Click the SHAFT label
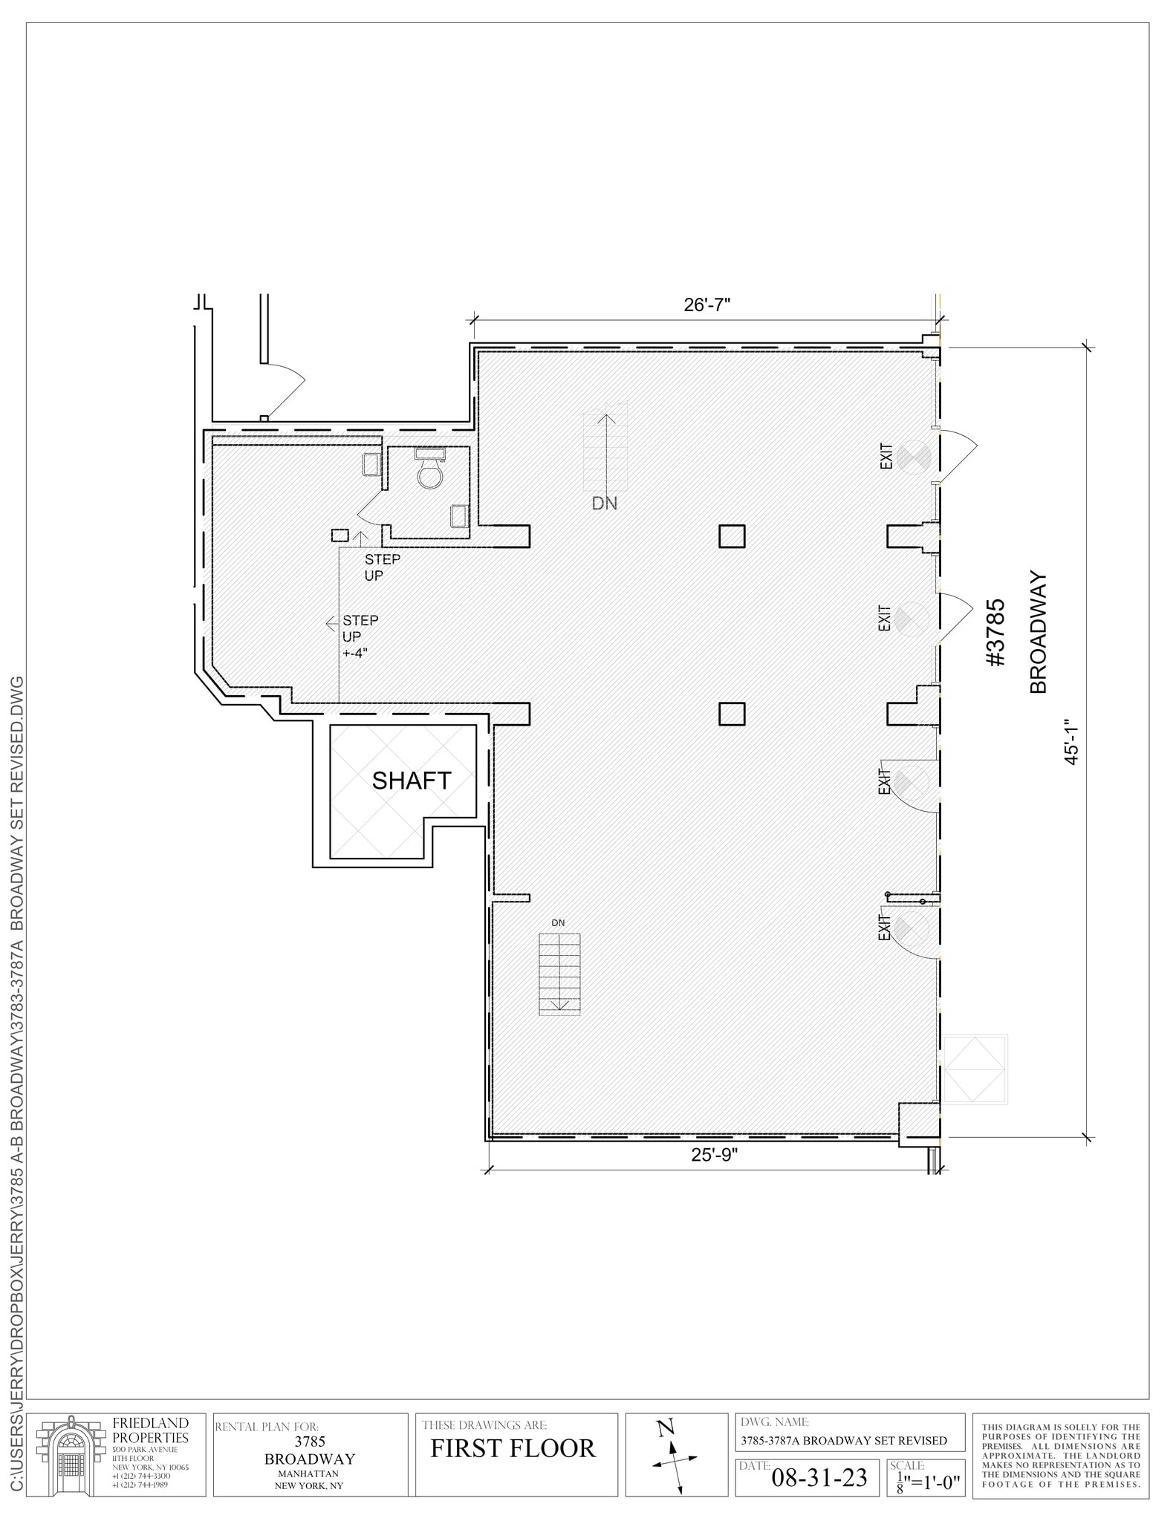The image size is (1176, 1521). [412, 781]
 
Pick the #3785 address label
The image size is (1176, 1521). [995, 633]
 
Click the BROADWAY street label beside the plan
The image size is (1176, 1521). [1039, 632]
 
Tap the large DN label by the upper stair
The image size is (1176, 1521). [604, 504]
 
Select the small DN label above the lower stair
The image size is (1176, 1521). [558, 923]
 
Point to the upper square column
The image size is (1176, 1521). [732, 536]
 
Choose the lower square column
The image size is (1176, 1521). [732, 714]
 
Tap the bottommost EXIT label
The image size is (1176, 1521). [884, 928]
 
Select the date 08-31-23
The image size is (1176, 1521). [819, 1478]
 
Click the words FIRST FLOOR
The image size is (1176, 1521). [513, 1449]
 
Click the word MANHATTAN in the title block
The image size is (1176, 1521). [309, 1473]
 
